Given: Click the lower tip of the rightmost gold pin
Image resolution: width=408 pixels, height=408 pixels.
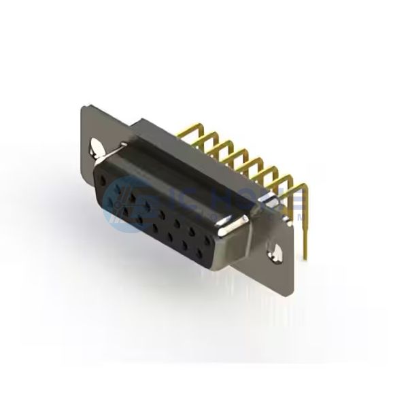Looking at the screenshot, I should tap(307, 256).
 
